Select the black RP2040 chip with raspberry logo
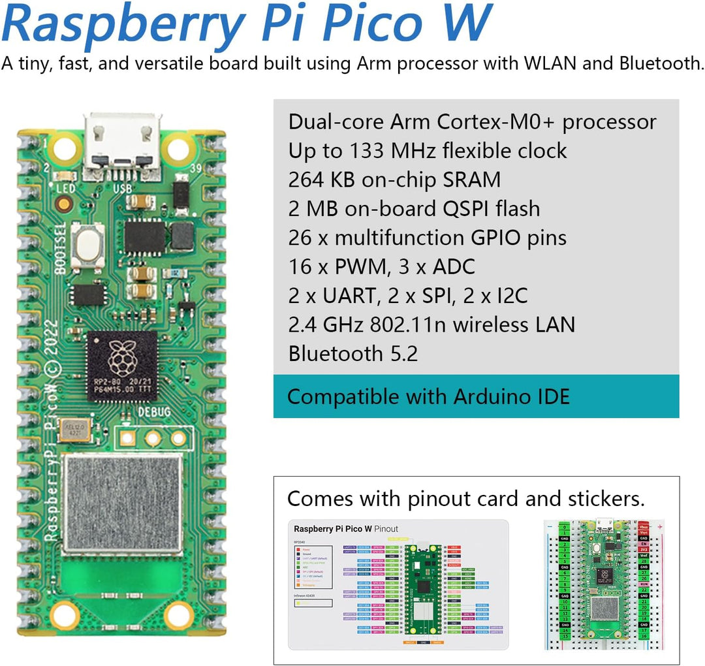coord(122,366)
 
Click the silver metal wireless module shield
coord(122,504)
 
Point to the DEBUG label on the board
coord(153,412)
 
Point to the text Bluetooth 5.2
coord(353,353)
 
